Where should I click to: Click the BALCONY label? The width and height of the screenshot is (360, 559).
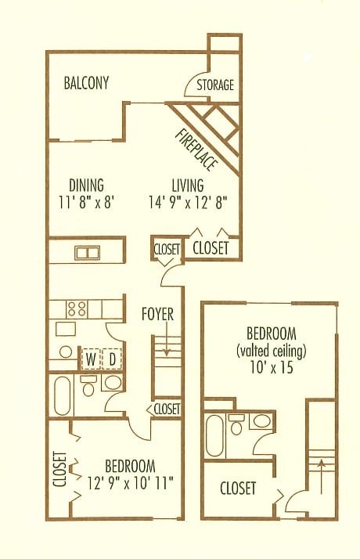86,83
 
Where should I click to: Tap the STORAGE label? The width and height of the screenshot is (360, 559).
215,85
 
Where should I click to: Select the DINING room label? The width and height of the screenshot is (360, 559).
86,186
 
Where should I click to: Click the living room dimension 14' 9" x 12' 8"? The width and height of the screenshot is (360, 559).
188,203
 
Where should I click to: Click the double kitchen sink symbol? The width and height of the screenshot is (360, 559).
88,252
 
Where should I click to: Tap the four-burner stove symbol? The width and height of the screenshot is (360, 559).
77,308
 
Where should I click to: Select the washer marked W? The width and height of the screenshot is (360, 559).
92,359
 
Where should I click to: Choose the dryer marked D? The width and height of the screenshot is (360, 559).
112,359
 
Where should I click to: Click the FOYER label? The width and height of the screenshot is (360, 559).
157,314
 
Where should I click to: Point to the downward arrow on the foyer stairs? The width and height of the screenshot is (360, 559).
166,346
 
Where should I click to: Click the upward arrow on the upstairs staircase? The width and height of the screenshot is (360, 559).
322,477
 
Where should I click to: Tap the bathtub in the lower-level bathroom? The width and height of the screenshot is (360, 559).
63,395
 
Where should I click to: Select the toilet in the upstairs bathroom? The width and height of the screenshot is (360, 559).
236,424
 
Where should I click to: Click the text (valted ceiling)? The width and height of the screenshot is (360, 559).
272,352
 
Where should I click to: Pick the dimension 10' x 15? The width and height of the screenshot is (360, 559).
272,367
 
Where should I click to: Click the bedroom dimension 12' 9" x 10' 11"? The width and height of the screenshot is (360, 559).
131,483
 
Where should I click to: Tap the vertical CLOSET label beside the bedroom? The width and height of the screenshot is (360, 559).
60,469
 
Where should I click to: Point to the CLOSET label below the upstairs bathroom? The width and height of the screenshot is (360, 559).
238,488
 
